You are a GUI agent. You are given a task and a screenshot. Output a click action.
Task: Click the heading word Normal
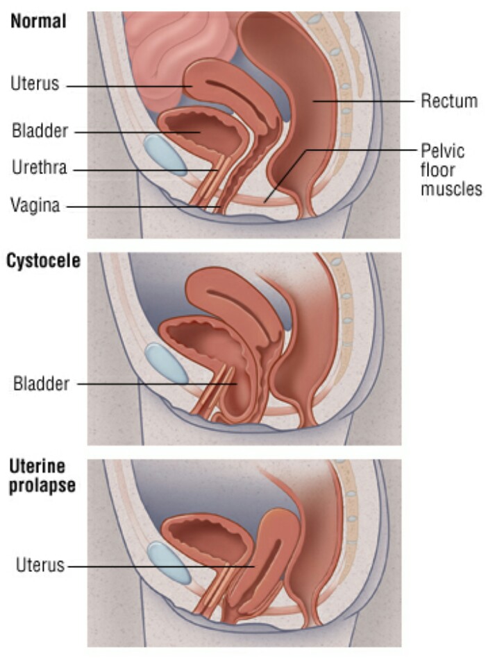tap(38, 21)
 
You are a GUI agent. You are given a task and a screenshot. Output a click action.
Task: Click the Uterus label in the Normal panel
tap(35, 85)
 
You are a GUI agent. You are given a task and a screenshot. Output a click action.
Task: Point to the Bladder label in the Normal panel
tap(40, 130)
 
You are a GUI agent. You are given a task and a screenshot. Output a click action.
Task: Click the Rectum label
tap(449, 101)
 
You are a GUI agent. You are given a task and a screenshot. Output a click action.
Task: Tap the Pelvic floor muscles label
tap(451, 169)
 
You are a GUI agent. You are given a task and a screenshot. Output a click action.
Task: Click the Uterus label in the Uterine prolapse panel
tap(39, 565)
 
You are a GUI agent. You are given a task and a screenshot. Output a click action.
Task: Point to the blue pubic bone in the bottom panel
tap(169, 562)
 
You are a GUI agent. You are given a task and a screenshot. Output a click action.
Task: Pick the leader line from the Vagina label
tap(139, 207)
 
